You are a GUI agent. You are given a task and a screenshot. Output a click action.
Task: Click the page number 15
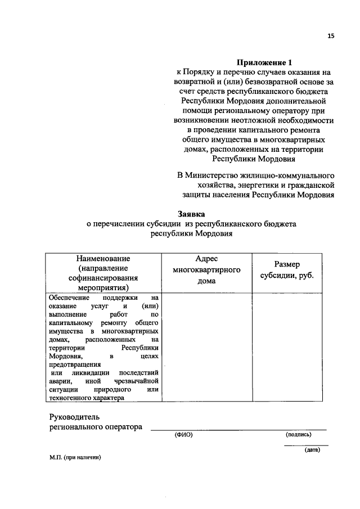(x=331, y=36)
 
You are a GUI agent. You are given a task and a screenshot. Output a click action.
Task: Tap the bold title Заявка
(x=192, y=214)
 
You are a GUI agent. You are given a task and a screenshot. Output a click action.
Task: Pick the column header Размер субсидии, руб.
(x=287, y=270)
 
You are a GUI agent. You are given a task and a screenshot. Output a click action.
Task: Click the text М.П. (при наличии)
(x=75, y=458)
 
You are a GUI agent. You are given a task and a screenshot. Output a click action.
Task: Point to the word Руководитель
(x=74, y=416)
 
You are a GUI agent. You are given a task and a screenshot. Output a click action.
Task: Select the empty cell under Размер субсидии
(x=287, y=348)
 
